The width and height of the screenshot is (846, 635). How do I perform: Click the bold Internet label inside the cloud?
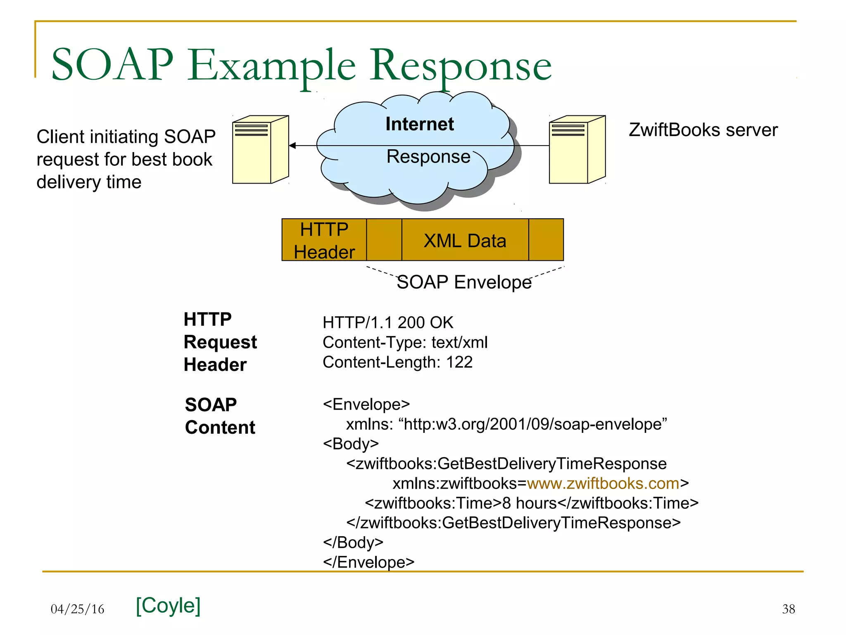tap(419, 124)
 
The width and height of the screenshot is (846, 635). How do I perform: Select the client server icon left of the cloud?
tap(260, 150)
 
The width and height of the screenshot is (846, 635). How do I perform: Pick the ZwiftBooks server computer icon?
tap(577, 150)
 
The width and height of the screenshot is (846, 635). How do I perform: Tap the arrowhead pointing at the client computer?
tap(292, 146)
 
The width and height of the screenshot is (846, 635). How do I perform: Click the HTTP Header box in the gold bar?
tap(324, 240)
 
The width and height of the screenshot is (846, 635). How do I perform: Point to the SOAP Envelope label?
tap(464, 282)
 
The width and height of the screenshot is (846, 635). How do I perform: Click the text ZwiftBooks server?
tap(703, 130)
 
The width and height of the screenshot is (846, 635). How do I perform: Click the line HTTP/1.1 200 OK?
tap(387, 322)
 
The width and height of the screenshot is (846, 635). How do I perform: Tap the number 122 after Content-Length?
tap(459, 362)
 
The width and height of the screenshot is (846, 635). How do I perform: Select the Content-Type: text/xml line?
tap(405, 342)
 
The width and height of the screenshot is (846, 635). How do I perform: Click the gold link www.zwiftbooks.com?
tap(603, 483)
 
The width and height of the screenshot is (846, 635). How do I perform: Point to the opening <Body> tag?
tap(351, 444)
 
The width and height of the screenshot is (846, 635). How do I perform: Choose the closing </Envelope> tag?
tap(368, 562)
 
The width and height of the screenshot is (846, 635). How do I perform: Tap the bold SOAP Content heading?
tap(220, 416)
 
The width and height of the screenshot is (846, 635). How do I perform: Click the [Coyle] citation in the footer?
tap(168, 605)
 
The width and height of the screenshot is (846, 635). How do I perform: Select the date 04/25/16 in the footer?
tap(77, 609)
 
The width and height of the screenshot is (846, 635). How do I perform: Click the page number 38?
tap(788, 609)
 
